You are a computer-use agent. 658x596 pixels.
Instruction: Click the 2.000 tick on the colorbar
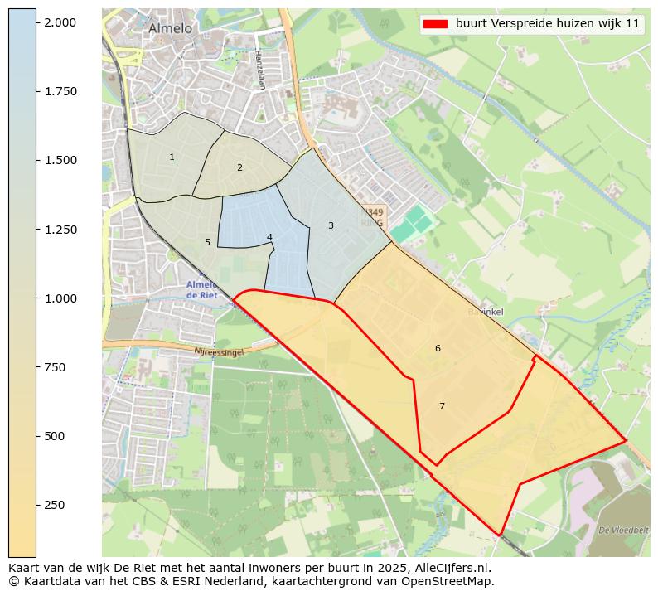pos(61,22)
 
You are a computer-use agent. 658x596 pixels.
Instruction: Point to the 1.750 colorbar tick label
pos(61,91)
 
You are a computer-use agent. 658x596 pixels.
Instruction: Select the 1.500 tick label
pos(61,160)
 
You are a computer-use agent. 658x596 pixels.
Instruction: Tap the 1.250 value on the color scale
pos(61,230)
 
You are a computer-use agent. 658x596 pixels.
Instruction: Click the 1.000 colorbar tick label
pos(61,298)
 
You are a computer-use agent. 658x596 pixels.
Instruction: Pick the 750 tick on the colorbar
pos(55,367)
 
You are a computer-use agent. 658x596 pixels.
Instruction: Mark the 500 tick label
pos(55,436)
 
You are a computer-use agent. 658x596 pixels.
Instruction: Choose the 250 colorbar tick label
pos(55,505)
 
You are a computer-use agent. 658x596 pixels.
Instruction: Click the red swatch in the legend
pos(435,23)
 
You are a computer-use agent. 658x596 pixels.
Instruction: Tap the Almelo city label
pos(170,28)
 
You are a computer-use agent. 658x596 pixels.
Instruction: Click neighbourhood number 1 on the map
pos(172,157)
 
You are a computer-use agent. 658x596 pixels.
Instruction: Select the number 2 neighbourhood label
pos(239,167)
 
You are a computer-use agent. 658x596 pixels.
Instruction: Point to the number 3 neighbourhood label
pos(331,225)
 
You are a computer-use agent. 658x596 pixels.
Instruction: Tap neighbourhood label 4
pos(269,237)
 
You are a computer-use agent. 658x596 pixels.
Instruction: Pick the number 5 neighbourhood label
pos(207,242)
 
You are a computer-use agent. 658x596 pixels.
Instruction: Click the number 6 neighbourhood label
pos(438,348)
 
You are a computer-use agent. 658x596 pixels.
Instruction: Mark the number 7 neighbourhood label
pos(442,406)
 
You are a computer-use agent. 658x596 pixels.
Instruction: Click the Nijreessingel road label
pos(220,352)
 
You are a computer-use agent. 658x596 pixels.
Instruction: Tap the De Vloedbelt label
pos(622,529)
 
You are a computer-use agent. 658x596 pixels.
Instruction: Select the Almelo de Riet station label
pos(202,289)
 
